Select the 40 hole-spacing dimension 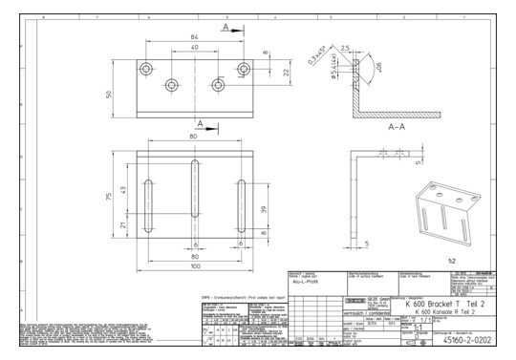coord(193,48)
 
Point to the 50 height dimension coord(109,94)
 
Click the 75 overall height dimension coord(109,197)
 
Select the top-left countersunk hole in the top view coord(146,69)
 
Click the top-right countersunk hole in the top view coord(242,69)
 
